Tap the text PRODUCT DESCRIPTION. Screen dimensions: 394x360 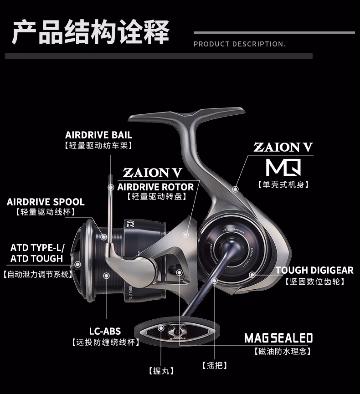240,44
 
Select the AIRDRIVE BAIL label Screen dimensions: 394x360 99,135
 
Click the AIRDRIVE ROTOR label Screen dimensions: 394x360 155,187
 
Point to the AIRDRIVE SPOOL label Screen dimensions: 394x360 46,202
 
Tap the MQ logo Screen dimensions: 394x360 283,167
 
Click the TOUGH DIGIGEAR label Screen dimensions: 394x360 314,270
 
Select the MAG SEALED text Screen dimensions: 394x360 278,338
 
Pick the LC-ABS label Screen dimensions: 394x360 105,331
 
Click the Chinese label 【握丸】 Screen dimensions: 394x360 161,371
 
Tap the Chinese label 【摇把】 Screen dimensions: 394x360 214,365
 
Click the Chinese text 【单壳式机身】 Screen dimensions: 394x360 283,184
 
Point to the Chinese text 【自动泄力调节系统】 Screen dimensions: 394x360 37,274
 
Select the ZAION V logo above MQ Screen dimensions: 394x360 283,147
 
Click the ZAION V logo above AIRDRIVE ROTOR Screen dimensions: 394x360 153,172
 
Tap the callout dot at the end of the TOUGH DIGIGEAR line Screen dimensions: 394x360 252,275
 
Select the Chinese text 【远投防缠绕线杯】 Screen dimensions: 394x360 105,342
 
